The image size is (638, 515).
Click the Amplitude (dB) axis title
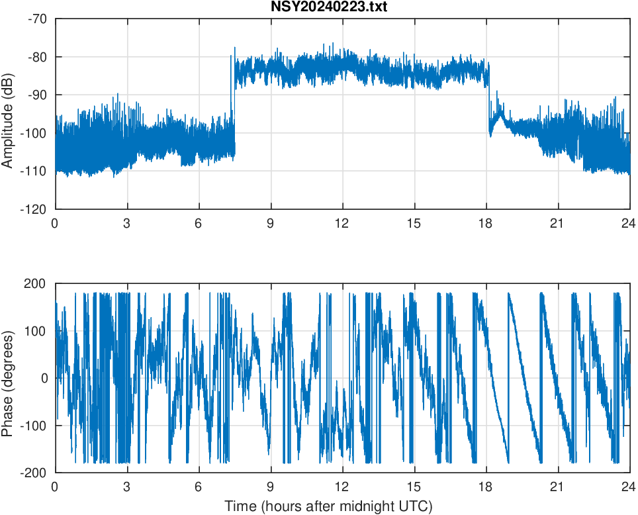(9, 114)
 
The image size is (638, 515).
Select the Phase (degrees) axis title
(9, 379)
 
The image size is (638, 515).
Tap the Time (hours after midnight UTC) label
(328, 506)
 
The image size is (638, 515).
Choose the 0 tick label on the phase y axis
(44, 379)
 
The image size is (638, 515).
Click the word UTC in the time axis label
(416, 506)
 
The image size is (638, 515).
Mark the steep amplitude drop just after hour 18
(488, 99)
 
